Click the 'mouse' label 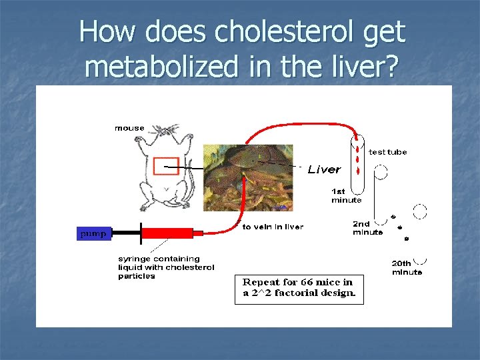[x=129, y=128]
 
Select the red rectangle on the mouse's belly [x=166, y=166]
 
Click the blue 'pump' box [x=92, y=233]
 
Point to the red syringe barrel [x=167, y=233]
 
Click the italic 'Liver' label [x=325, y=169]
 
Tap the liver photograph [x=247, y=177]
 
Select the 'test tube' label [x=387, y=152]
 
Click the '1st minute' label [x=346, y=195]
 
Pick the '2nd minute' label [x=368, y=228]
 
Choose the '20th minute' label [x=406, y=267]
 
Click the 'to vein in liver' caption [x=273, y=227]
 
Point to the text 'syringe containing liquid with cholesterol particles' [x=166, y=267]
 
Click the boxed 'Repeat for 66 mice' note [x=299, y=288]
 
